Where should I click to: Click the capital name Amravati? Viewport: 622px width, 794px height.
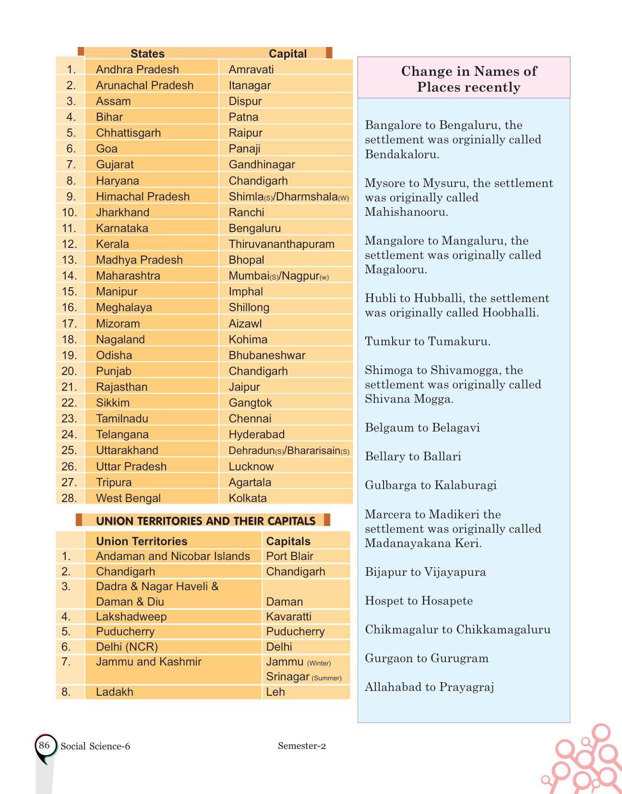coord(251,70)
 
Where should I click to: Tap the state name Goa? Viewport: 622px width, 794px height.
coord(107,149)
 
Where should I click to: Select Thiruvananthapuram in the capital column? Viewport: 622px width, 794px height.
coord(281,244)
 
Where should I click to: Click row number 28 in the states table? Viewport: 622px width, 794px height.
coord(70,498)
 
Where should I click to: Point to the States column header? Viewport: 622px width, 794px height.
coord(147,54)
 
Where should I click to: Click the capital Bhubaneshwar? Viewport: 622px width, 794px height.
coord(267,355)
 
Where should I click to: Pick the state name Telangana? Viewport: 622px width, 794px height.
coord(122,434)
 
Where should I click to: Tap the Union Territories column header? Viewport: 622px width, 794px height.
coord(142,541)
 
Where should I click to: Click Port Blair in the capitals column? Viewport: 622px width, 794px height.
coord(289,556)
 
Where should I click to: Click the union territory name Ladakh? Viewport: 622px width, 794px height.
coord(114,692)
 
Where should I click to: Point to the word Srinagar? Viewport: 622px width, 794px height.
coord(287,677)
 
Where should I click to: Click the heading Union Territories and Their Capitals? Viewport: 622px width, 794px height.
coord(205,521)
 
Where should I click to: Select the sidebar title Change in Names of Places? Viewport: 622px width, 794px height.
coord(468,79)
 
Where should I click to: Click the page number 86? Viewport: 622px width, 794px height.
coord(44,745)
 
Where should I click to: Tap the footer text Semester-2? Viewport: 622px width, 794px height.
coord(301,746)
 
